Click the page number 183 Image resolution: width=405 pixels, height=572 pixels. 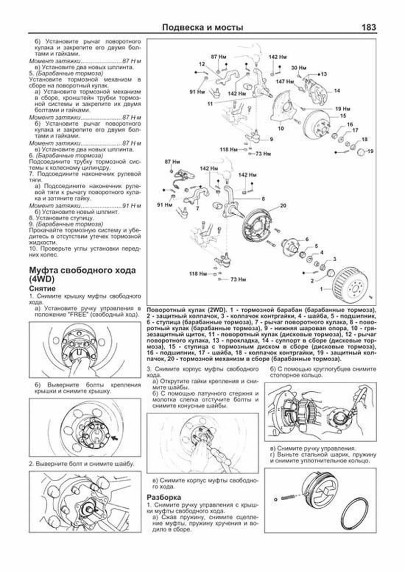[368, 27]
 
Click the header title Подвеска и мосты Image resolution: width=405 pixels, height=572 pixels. [202, 28]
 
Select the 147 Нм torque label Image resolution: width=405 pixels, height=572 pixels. [285, 81]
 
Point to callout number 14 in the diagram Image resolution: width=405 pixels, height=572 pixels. [337, 91]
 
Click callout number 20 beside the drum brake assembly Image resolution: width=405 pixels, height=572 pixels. [283, 206]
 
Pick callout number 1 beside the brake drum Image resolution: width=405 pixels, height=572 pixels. [321, 289]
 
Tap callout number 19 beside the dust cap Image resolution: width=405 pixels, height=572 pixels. [370, 151]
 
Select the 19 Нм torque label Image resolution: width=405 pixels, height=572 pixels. [343, 109]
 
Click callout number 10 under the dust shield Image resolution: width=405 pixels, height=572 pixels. [281, 128]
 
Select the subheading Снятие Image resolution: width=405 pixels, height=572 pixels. [42, 289]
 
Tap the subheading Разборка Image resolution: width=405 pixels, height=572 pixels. [164, 497]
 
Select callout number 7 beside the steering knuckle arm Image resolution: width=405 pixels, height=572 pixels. [197, 208]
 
